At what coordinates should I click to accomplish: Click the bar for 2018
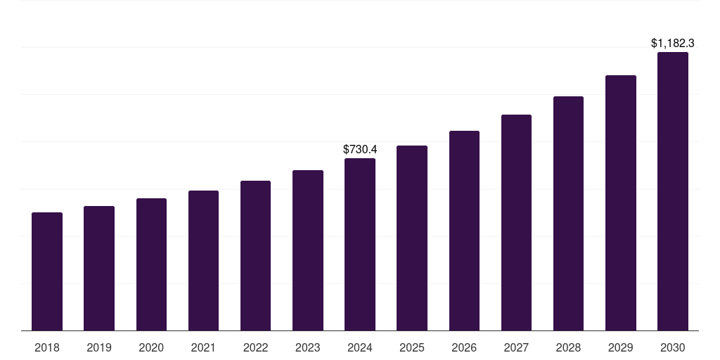pos(47,271)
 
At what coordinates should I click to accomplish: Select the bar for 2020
pos(151,264)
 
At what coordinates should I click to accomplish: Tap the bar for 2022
pos(255,255)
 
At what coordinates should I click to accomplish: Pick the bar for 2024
pos(360,244)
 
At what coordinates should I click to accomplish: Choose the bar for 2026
pos(464,231)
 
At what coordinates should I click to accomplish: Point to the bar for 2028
pos(568,213)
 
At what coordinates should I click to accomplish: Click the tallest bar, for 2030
pos(672,191)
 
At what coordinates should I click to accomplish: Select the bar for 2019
pos(99,268)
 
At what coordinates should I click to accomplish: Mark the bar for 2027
pos(516,222)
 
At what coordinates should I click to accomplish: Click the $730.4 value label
pos(360,149)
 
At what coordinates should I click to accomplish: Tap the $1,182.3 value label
pos(672,44)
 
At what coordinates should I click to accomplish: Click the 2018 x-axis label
pos(47,347)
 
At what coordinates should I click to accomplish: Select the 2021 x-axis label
pos(203,347)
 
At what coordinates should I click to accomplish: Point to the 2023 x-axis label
pos(307,347)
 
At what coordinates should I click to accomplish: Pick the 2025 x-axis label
pos(412,347)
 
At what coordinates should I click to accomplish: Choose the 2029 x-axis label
pos(620,347)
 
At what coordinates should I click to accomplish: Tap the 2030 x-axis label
pos(672,347)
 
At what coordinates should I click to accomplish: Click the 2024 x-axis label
pos(360,347)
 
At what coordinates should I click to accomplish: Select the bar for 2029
pos(620,202)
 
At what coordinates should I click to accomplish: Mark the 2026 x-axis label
pos(464,347)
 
